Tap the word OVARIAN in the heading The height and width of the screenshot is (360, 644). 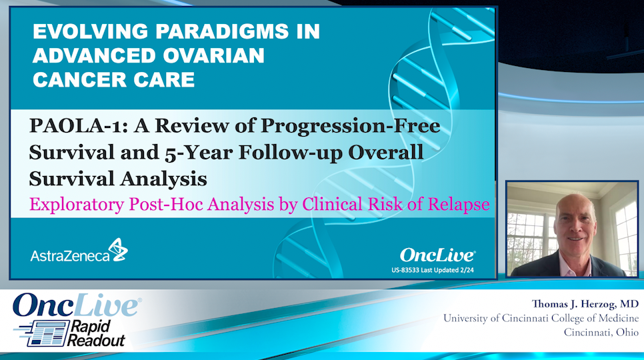pos(213,56)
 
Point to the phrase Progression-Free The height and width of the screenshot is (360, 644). pos(351,125)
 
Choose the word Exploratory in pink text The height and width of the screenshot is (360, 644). pos(77,205)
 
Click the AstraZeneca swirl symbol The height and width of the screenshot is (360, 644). pos(118,250)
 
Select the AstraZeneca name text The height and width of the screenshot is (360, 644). pos(70,256)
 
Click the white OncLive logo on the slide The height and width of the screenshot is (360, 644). pos(437,255)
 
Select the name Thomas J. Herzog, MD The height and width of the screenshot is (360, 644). pos(585,304)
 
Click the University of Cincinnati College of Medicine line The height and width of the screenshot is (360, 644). pos(541,318)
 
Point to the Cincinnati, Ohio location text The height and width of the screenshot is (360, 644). pos(601,332)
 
